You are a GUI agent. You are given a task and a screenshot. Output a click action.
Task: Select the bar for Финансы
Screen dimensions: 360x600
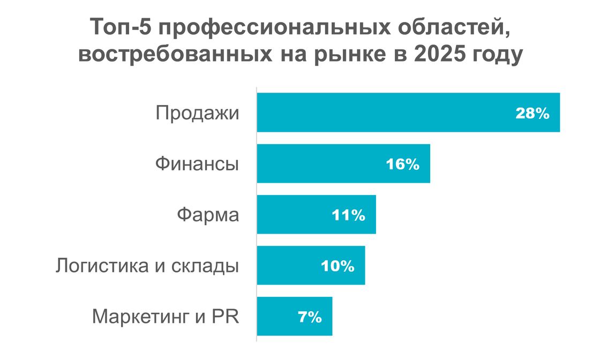(321, 163)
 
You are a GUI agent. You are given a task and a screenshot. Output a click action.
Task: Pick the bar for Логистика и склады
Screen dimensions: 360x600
(289, 266)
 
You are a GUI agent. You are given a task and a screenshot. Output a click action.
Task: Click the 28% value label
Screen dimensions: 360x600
(532, 113)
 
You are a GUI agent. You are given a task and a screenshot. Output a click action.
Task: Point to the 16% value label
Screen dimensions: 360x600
(402, 164)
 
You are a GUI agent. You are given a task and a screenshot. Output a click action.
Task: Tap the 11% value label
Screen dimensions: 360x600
(348, 215)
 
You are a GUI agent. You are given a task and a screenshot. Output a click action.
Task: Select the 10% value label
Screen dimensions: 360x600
(337, 266)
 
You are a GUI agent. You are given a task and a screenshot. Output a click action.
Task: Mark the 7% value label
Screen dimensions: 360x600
(309, 317)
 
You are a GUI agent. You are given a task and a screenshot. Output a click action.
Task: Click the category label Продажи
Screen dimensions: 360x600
(197, 114)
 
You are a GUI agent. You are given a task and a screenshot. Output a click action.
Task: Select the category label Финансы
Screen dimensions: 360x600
(197, 164)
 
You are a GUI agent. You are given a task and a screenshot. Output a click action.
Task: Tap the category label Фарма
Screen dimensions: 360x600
(208, 215)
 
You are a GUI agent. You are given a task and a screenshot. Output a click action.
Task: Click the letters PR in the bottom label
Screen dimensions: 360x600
(226, 316)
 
